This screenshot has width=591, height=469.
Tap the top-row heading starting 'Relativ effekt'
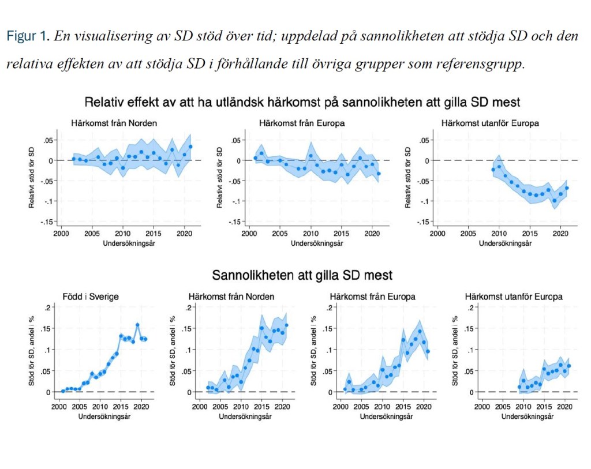tap(302, 103)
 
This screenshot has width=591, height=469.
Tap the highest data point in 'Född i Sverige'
tap(137, 325)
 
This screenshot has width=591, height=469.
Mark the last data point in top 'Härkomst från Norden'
tap(191, 147)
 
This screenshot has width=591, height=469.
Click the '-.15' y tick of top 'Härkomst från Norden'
tap(50, 222)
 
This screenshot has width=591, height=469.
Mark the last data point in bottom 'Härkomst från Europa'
tap(428, 351)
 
